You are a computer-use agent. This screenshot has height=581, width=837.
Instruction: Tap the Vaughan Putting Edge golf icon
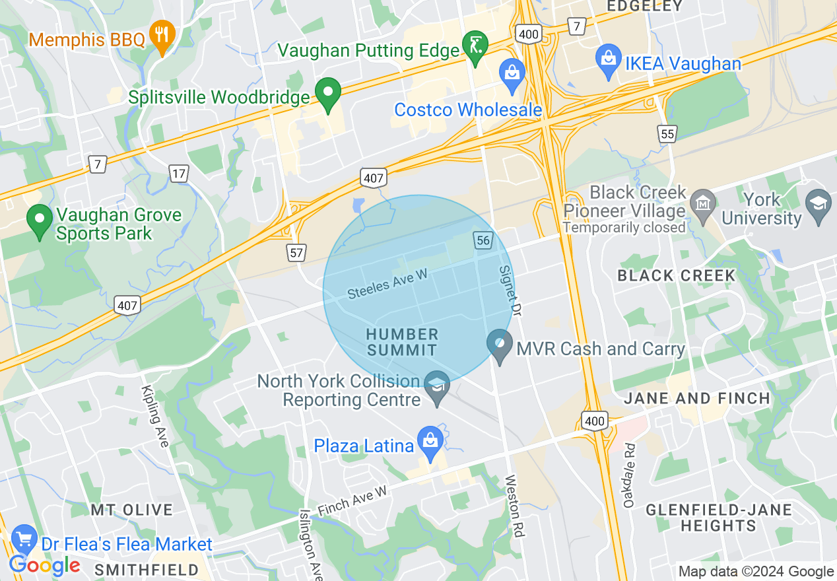click(x=475, y=45)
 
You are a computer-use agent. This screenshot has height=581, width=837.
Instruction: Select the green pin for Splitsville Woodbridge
click(x=327, y=92)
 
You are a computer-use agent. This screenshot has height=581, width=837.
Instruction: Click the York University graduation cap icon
click(x=819, y=200)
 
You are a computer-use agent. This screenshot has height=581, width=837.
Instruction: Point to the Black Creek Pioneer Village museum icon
click(x=702, y=201)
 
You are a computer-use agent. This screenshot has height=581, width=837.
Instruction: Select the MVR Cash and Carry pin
click(x=500, y=345)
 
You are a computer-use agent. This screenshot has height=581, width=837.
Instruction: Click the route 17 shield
click(x=179, y=174)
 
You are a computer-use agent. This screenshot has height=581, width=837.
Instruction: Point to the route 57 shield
click(x=296, y=250)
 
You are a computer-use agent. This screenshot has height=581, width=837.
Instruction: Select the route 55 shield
click(x=667, y=134)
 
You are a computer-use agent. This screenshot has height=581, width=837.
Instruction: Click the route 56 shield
click(x=483, y=240)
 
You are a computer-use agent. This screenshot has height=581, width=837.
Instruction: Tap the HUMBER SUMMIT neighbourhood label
click(x=402, y=342)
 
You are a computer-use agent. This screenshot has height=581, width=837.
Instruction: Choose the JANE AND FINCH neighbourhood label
click(x=697, y=398)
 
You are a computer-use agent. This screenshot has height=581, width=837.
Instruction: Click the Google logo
click(x=45, y=564)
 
